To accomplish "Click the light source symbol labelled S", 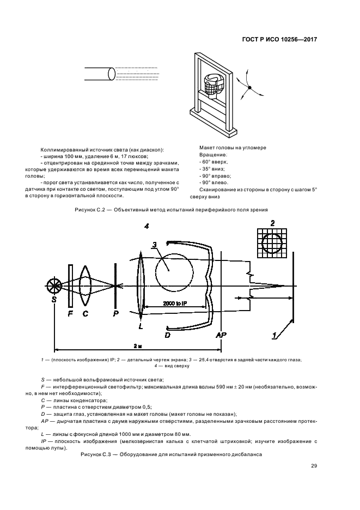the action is click(x=54, y=286).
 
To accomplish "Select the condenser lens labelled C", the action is click(x=85, y=286).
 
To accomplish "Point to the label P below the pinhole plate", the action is click(x=115, y=314).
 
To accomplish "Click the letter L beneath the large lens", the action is click(x=141, y=326).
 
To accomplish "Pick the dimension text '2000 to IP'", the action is click(x=175, y=303).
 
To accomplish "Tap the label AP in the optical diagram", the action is click(x=221, y=335).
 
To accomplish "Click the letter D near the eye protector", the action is click(x=168, y=335).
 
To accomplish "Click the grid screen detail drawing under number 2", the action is click(x=272, y=243).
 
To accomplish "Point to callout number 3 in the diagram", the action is click(x=155, y=245).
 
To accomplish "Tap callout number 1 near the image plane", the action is click(x=274, y=335).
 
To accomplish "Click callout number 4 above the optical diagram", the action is click(x=147, y=226).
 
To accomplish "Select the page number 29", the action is click(x=314, y=466).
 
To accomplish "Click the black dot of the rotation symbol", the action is click(x=250, y=88).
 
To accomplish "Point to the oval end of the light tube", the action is click(x=111, y=74).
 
